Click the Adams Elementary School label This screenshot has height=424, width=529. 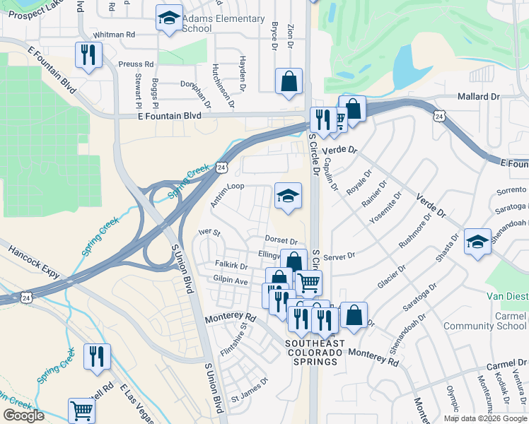tap(223, 23)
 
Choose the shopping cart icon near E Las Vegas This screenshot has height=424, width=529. tap(81, 411)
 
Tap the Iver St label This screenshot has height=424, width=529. tap(210, 232)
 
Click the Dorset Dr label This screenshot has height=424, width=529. tap(281, 240)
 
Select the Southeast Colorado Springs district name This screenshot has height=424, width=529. tap(315, 353)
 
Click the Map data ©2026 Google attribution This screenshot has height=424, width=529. tap(485, 418)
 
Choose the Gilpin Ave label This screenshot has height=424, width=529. tap(231, 281)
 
